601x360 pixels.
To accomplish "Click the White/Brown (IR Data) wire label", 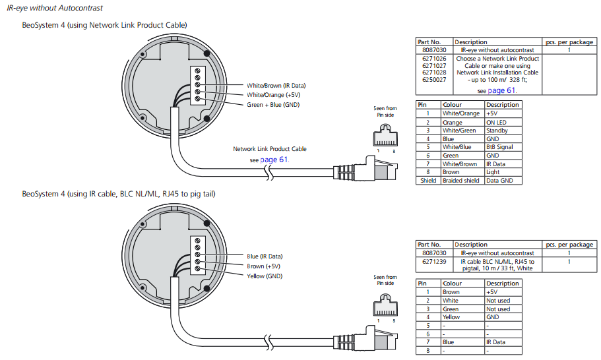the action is pos(276,86).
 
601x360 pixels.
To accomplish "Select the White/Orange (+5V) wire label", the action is pos(273,95).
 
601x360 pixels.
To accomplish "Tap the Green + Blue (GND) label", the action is pos(273,105).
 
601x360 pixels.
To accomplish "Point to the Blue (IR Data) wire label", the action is pos(265,256).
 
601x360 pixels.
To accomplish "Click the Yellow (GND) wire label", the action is pos(265,276).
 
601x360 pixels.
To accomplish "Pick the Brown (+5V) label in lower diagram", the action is pos(263,266).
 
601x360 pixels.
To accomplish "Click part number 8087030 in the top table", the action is pos(434,50).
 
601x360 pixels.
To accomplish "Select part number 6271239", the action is pos(434,262).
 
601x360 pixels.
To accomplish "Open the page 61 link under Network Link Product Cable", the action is pos(274,160).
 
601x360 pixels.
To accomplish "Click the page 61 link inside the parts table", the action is pos(501,90).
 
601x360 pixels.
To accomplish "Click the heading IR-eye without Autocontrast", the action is pos(55,8).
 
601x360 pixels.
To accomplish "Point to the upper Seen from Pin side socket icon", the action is pos(385,135).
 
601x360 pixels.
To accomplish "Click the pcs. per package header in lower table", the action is pos(569,245).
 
